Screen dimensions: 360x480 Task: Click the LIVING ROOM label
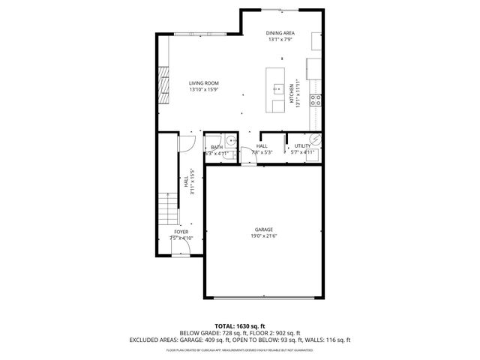click(202, 84)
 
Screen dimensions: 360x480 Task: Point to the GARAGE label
click(263, 229)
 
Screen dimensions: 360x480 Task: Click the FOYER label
click(181, 232)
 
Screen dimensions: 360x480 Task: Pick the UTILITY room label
click(302, 146)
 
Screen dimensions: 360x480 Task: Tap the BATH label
click(216, 147)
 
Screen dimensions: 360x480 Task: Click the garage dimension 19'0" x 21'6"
click(263, 236)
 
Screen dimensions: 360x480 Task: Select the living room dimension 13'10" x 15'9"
click(202, 91)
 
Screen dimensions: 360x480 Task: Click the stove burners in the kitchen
click(317, 98)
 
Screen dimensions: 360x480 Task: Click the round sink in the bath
click(232, 140)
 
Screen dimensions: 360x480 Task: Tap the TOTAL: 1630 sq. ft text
click(239, 325)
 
